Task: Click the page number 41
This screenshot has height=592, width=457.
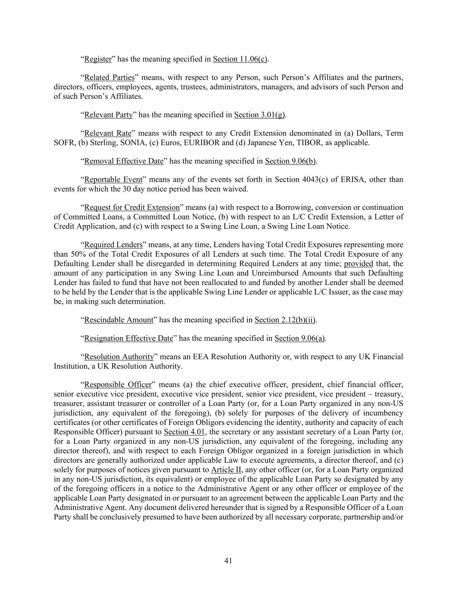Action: pos(228,561)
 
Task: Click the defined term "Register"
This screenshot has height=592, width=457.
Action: pos(97,59)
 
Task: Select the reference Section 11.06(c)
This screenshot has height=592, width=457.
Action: pos(240,59)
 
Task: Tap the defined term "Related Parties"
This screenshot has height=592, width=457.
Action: pos(109,78)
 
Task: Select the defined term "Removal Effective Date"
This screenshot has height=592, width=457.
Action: pos(123,161)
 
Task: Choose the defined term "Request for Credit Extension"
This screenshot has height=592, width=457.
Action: pos(132,207)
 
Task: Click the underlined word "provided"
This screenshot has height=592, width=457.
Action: pos(358,264)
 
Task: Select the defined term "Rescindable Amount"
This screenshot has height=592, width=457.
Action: pos(119,320)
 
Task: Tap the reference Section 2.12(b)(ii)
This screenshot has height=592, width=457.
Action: pos(285,320)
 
